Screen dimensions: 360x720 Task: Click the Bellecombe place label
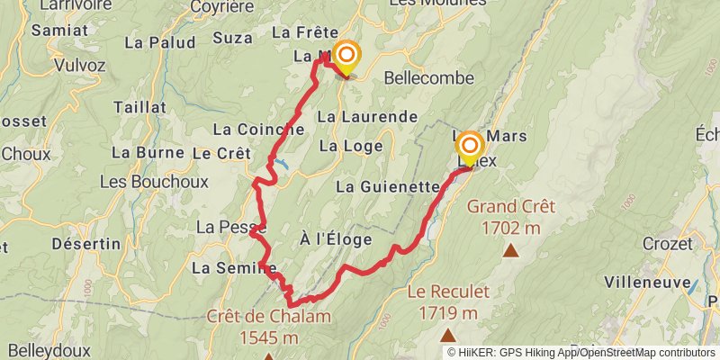point(428,78)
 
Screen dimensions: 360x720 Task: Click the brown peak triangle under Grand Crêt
point(510,251)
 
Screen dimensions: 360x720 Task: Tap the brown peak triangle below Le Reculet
point(447,335)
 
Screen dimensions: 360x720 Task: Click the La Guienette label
point(386,187)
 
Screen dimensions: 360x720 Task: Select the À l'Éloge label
point(336,240)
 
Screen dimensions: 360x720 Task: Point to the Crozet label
point(668,244)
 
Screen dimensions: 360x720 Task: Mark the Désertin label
point(86,244)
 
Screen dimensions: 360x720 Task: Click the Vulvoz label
point(80,65)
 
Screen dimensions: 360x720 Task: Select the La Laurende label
point(367,117)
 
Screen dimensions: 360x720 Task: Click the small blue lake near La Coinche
point(283,165)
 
